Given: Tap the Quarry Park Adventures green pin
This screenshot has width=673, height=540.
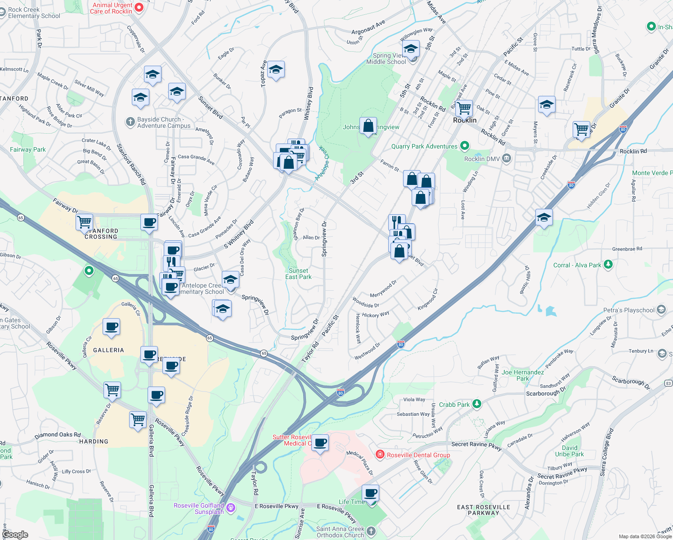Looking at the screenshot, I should (x=465, y=146).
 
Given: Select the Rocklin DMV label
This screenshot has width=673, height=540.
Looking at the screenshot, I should (x=481, y=159).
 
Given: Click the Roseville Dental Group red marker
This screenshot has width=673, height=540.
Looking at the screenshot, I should (x=380, y=454).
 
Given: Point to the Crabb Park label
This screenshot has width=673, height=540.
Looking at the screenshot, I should (x=454, y=405).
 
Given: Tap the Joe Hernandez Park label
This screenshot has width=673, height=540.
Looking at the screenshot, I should (x=523, y=375).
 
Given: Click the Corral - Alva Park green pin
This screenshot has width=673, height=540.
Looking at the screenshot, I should (x=608, y=264).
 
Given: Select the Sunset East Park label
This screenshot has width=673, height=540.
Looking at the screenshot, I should (x=298, y=274).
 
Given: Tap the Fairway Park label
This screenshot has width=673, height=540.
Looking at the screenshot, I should (x=28, y=149).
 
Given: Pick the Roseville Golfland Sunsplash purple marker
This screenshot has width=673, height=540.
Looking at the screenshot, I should (x=231, y=508).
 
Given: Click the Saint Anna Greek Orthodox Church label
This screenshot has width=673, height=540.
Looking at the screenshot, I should (x=340, y=532).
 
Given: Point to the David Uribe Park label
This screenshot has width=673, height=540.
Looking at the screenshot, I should (x=570, y=451).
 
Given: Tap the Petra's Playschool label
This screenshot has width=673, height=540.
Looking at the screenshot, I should (x=629, y=310).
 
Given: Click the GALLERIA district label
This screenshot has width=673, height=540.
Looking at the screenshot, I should (x=108, y=350).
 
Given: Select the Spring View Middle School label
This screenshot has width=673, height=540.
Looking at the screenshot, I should (x=386, y=58).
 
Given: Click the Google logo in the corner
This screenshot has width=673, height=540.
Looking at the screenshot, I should (x=15, y=535).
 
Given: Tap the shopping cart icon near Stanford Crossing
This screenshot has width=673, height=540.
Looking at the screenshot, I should (x=85, y=222).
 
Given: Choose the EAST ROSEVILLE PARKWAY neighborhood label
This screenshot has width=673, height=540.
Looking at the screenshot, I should (x=484, y=510).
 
